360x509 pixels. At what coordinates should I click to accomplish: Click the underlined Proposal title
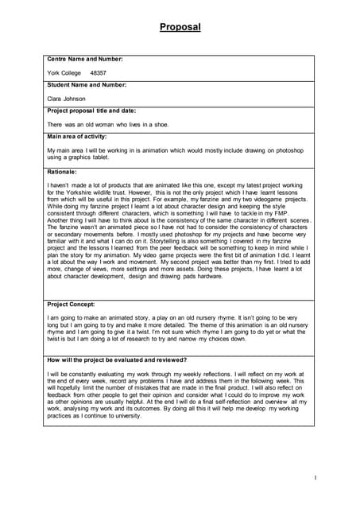tap(180, 28)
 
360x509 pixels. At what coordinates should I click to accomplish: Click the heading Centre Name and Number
tap(84, 59)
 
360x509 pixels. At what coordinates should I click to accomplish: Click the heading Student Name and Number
tap(87, 84)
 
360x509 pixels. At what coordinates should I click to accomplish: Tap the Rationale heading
tap(62, 172)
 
